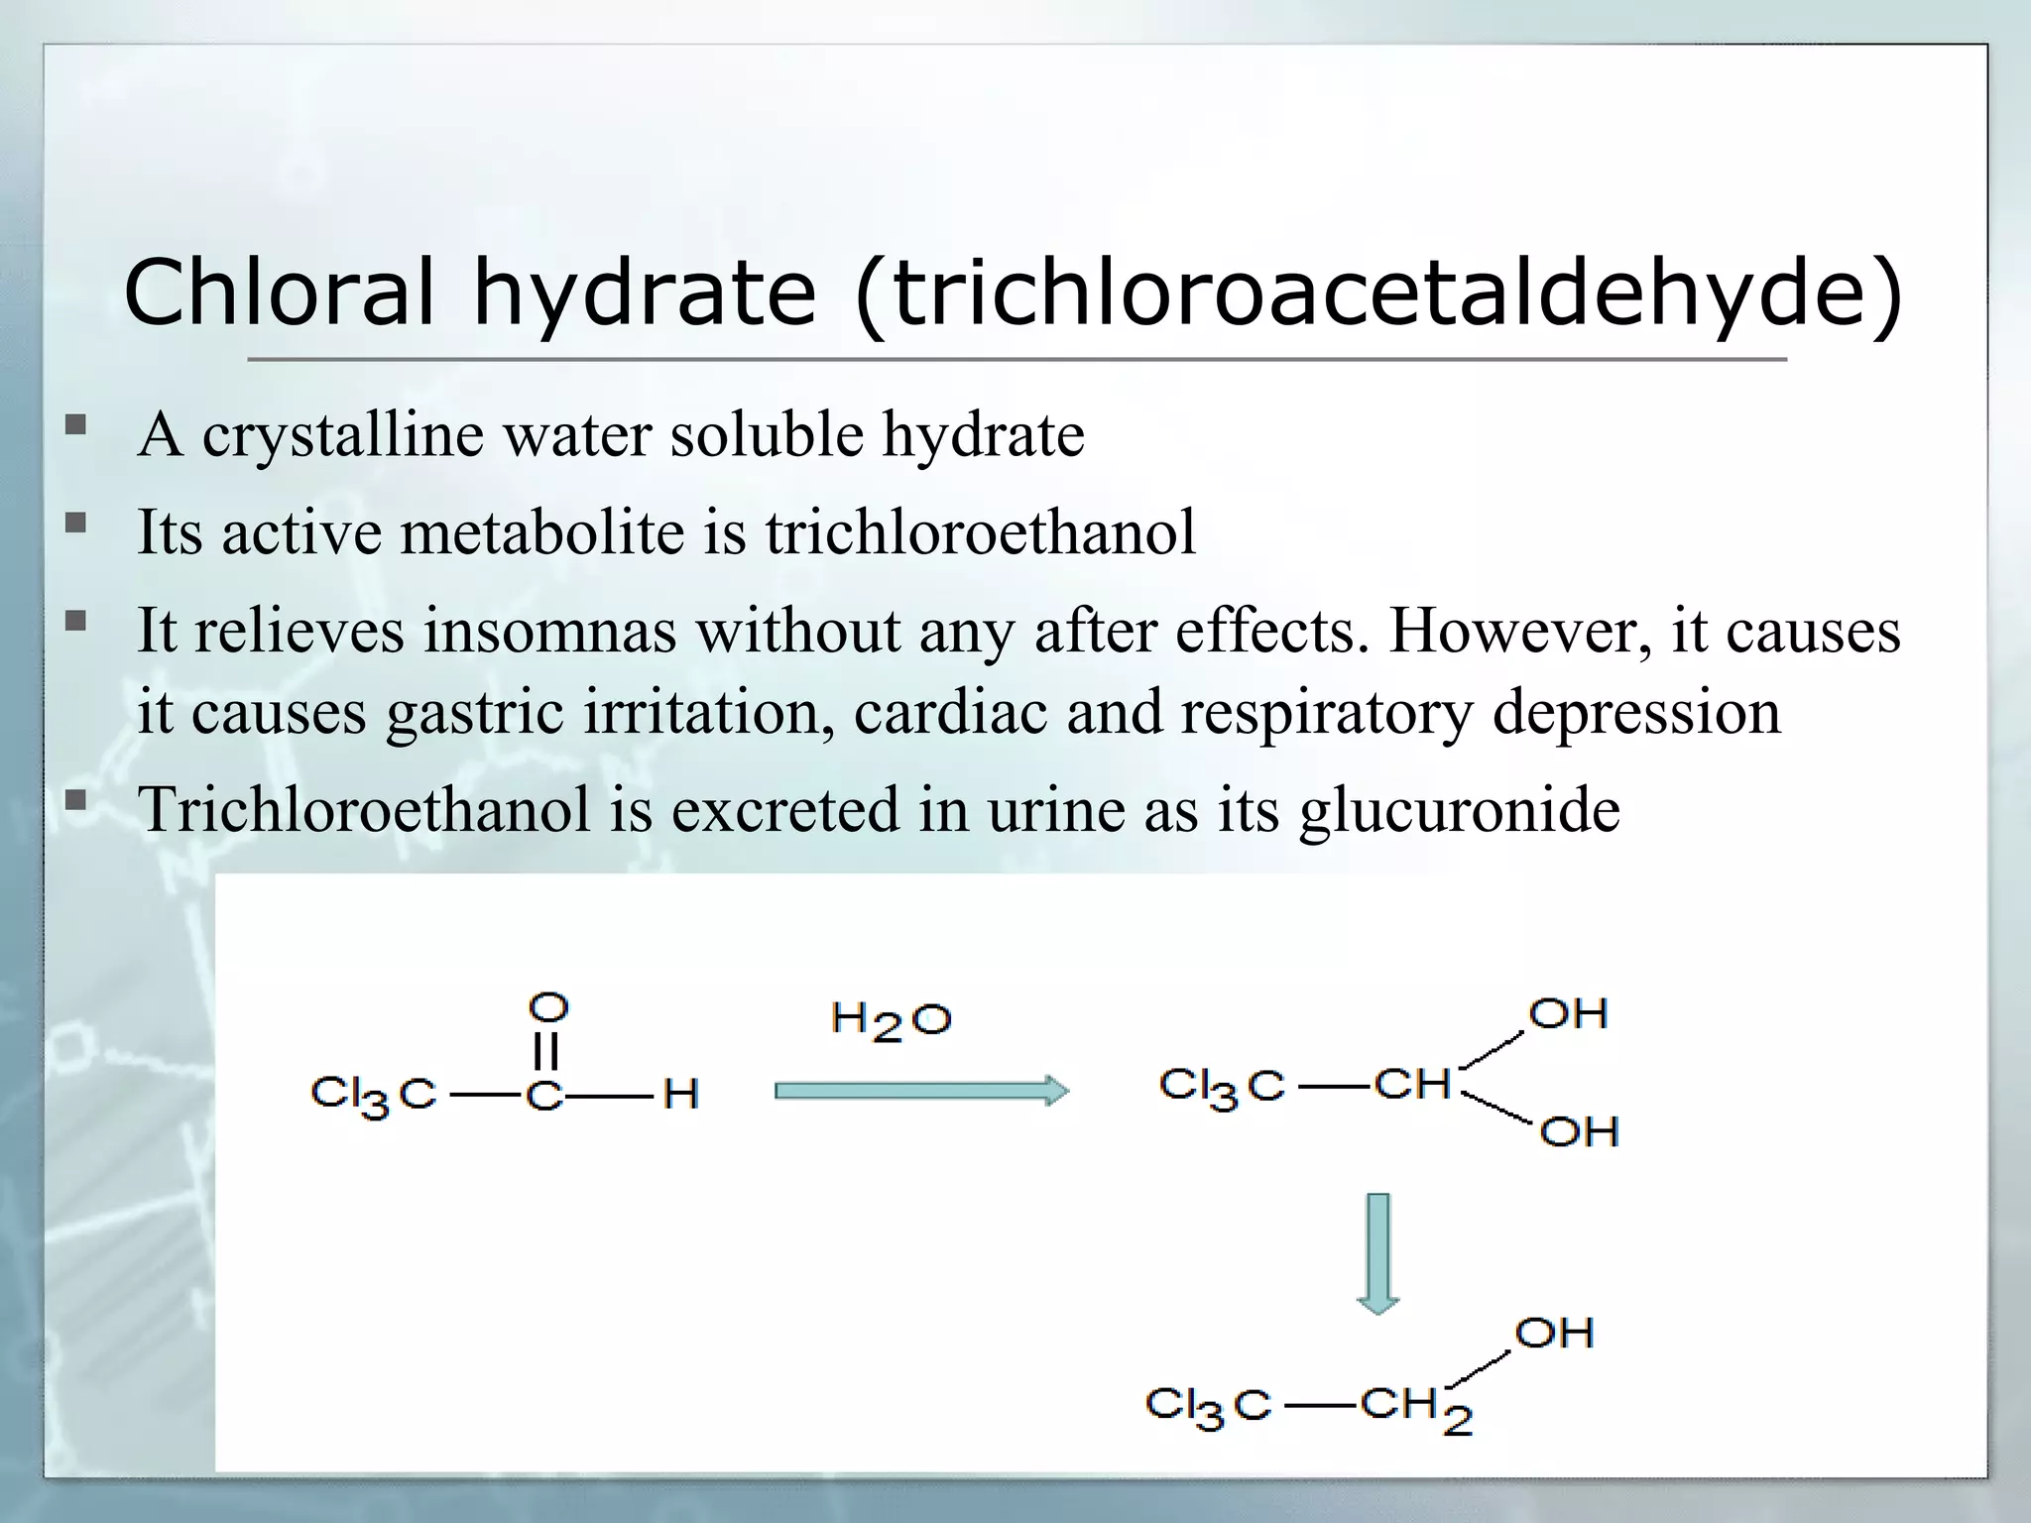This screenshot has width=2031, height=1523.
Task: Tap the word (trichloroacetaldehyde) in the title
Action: click(1377, 293)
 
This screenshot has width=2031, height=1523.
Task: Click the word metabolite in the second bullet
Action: click(542, 532)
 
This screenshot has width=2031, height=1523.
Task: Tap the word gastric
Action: click(475, 712)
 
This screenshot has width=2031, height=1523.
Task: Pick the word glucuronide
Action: click(1459, 810)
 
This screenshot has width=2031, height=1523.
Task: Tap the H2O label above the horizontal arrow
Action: click(891, 1021)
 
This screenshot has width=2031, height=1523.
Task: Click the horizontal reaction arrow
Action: click(920, 1092)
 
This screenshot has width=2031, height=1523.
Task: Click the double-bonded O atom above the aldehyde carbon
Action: click(547, 1007)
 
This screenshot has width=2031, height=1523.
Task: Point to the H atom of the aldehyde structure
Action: click(680, 1095)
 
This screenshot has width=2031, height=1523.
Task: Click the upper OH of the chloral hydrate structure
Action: click(1567, 1014)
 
